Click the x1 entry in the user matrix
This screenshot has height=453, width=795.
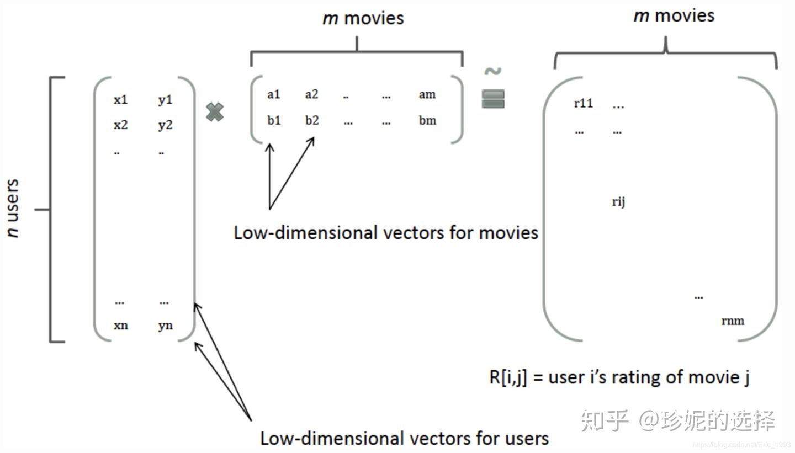(x=120, y=100)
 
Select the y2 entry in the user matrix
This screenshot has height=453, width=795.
(x=165, y=125)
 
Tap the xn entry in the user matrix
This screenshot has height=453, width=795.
(x=120, y=325)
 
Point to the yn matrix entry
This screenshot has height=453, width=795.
(x=165, y=326)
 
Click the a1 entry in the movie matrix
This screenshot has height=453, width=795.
(x=274, y=94)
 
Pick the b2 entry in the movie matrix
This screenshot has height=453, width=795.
(x=312, y=120)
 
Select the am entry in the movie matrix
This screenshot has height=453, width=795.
(x=427, y=94)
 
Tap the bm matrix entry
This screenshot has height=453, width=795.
(x=427, y=120)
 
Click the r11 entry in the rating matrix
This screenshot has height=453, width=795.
(x=583, y=103)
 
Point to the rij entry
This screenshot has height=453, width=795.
(x=618, y=201)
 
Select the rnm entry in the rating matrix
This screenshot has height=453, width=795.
(x=733, y=321)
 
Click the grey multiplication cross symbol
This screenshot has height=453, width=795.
(x=215, y=112)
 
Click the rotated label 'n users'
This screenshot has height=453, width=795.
(x=13, y=208)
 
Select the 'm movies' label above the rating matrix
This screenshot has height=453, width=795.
(x=674, y=15)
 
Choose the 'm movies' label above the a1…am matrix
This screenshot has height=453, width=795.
(x=363, y=18)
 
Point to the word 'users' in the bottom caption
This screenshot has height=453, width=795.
(x=527, y=439)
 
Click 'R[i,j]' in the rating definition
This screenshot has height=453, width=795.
(x=508, y=377)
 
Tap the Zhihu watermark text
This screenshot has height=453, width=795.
(x=679, y=420)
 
